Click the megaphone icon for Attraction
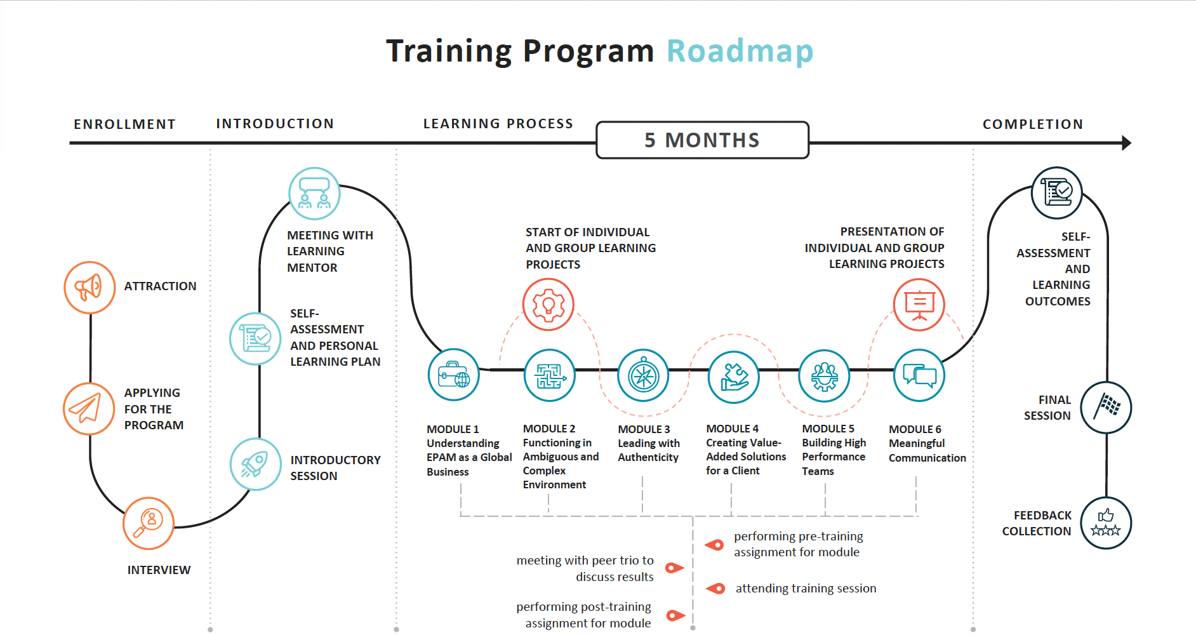(x=90, y=287)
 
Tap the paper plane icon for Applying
(x=89, y=408)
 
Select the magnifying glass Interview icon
(x=149, y=523)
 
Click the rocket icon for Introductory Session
(x=255, y=464)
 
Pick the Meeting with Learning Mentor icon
(x=314, y=194)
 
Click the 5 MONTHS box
(x=702, y=140)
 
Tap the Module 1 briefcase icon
(x=453, y=375)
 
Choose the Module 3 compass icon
(x=643, y=375)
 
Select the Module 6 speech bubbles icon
(x=919, y=375)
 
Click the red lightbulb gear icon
(x=548, y=305)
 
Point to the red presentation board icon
(x=919, y=304)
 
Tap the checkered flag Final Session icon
(x=1106, y=407)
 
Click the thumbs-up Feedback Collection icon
(x=1106, y=523)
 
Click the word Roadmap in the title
(x=740, y=51)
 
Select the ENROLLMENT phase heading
(x=124, y=124)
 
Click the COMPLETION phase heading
(x=1033, y=124)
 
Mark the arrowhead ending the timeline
(x=1126, y=143)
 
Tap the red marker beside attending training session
(x=716, y=589)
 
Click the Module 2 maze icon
(x=550, y=375)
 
